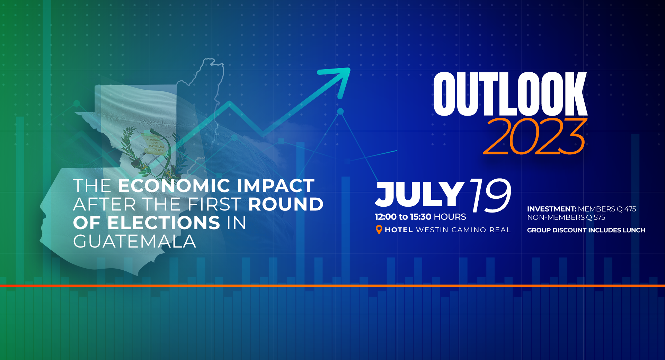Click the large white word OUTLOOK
pos(510,94)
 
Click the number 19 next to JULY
pos(491,195)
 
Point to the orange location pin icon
pos(379,229)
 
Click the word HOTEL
pos(399,230)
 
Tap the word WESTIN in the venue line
pos(432,230)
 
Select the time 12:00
pos(385,217)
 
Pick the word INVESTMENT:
pos(552,209)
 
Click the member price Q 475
pos(626,209)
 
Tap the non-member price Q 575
pos(595,217)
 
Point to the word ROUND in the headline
pos(286,204)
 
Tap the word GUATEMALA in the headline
pos(135,241)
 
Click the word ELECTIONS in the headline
pos(163,223)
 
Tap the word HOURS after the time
pos(450,217)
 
